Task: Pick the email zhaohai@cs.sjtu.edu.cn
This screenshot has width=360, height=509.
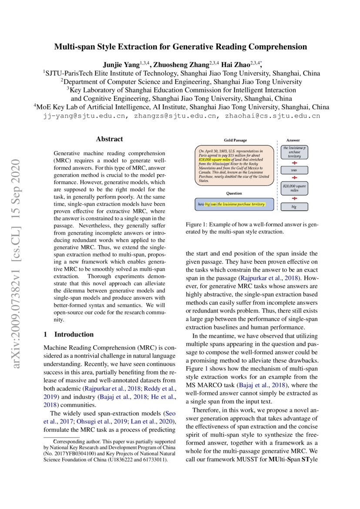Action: point(273,116)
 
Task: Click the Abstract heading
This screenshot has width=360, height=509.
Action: point(109,139)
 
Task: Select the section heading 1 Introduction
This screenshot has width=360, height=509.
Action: point(69,334)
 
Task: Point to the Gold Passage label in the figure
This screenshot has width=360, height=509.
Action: point(235,140)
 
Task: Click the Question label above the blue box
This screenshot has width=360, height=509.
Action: point(234,193)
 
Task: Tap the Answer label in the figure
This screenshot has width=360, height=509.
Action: point(293,140)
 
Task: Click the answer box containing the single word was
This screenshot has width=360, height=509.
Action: point(294,170)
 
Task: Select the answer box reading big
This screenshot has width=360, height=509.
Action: point(294,207)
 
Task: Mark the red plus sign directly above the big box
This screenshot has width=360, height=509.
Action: point(294,198)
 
